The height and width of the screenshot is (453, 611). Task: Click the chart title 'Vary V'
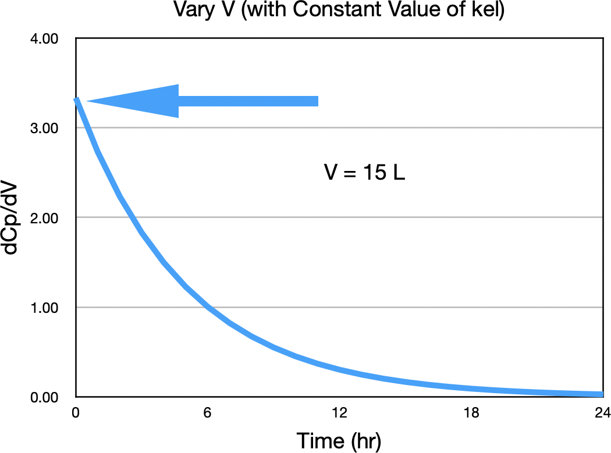pyautogui.click(x=204, y=10)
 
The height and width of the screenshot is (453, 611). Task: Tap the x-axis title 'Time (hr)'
pyautogui.click(x=339, y=440)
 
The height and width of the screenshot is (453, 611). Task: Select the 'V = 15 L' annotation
pyautogui.click(x=364, y=173)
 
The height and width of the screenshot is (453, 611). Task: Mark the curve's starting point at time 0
pyautogui.click(x=76, y=99)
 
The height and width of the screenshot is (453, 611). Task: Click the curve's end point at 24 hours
pyautogui.click(x=602, y=394)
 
